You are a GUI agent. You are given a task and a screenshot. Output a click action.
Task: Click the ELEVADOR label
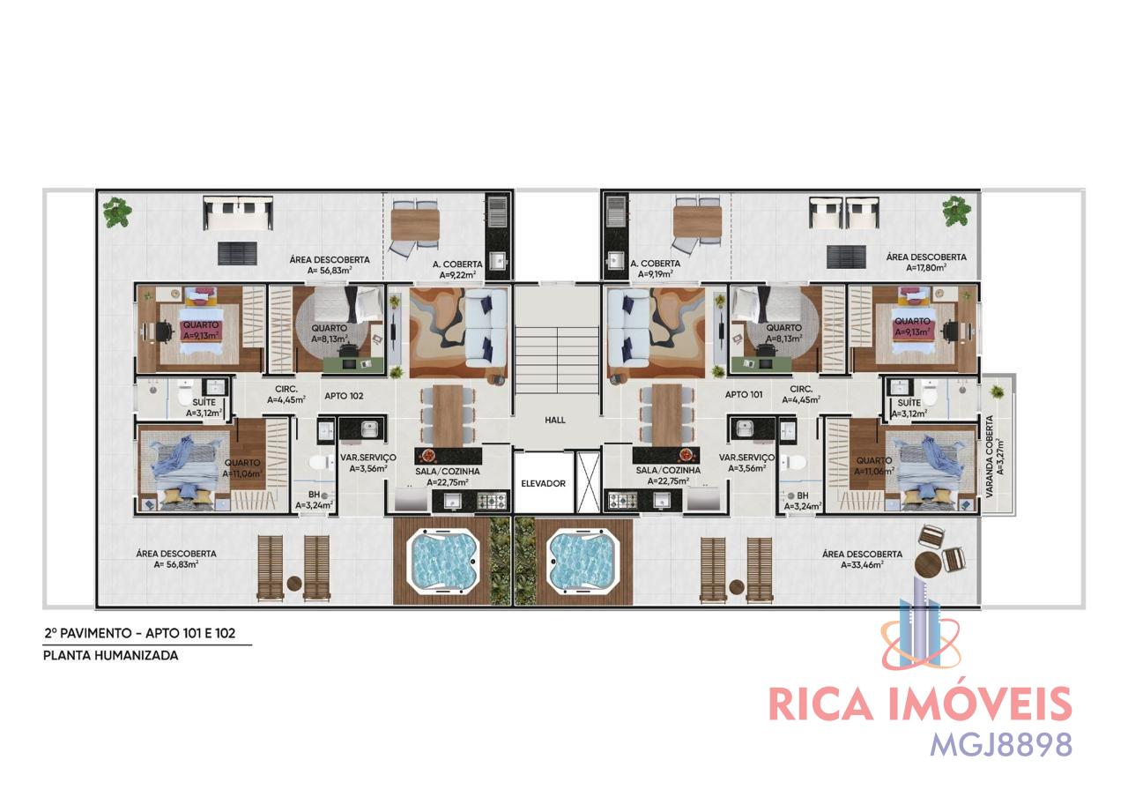point(543,484)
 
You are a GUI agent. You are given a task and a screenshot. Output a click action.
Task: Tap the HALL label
point(555,421)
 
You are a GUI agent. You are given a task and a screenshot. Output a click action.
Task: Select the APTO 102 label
point(344,396)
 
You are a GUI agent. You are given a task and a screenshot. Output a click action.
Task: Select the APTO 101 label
point(744,395)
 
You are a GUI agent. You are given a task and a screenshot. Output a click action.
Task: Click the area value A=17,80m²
point(926,268)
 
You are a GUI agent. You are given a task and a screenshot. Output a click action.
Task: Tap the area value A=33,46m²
point(862,565)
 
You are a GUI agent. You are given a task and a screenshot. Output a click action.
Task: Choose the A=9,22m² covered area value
point(457,275)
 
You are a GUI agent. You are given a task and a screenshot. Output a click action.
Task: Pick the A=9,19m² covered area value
point(655,274)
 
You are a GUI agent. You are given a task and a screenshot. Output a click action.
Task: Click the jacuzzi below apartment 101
point(582,560)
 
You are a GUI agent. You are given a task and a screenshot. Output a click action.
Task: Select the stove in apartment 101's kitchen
point(623,501)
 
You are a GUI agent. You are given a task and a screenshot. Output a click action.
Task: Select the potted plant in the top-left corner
point(117,212)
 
